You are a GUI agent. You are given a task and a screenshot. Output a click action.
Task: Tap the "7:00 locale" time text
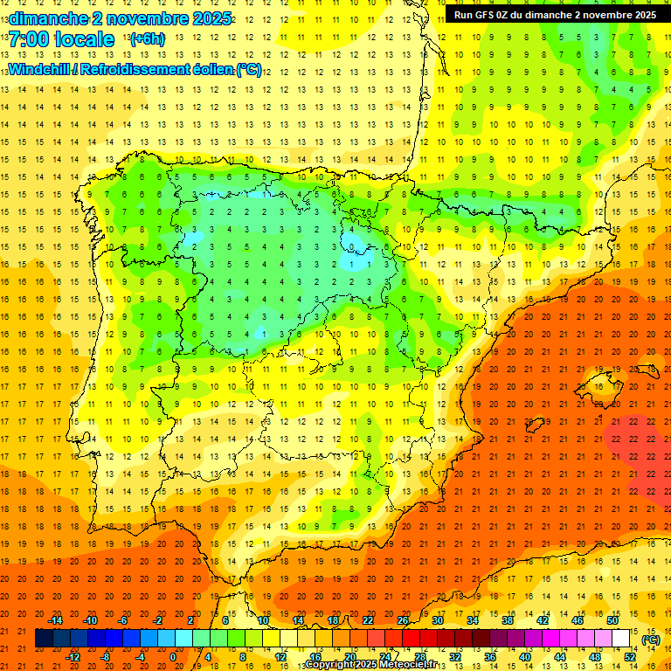click(x=61, y=39)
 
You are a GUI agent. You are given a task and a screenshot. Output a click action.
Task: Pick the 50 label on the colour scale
click(x=612, y=620)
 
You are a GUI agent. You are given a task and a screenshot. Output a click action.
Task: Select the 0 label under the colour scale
click(x=173, y=657)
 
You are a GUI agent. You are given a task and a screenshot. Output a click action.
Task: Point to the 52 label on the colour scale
click(x=630, y=657)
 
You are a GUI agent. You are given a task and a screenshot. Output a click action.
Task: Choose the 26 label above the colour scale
click(x=403, y=620)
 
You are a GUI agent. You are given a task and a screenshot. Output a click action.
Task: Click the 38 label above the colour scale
click(x=508, y=620)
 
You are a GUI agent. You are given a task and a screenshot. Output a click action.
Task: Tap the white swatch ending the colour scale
click(x=620, y=639)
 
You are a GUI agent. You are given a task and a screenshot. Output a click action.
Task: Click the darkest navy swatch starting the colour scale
click(x=44, y=639)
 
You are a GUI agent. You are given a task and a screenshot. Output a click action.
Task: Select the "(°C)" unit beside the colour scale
click(x=650, y=640)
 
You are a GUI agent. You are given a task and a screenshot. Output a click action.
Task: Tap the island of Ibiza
click(x=535, y=425)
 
